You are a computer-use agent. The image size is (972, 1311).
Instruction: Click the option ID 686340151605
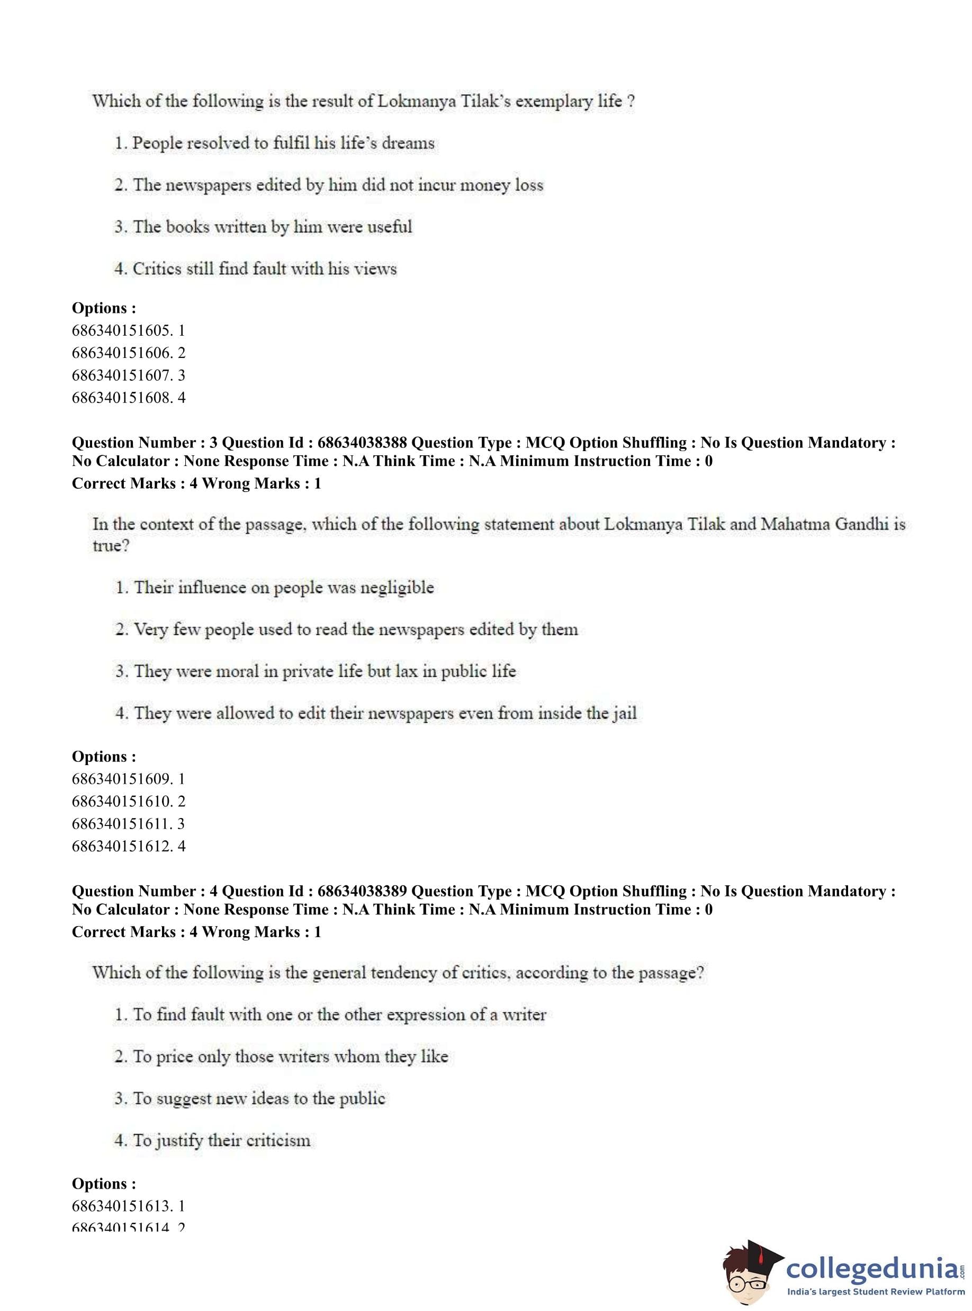(128, 331)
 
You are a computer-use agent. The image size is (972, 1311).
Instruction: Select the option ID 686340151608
(128, 398)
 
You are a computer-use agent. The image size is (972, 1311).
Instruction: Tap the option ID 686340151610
(128, 802)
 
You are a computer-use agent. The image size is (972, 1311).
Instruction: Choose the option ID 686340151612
(128, 846)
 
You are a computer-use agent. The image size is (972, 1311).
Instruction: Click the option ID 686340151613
(128, 1206)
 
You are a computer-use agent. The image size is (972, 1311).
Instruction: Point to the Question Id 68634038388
(362, 443)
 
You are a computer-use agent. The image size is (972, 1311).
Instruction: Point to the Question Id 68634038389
(362, 891)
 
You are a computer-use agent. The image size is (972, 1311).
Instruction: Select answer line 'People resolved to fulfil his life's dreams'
(274, 143)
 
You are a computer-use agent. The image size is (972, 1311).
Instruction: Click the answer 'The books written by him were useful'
(263, 227)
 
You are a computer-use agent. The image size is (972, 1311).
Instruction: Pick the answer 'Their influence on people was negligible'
(274, 587)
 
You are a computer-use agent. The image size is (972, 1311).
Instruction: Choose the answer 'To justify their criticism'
(212, 1141)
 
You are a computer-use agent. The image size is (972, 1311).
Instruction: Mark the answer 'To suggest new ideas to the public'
(249, 1099)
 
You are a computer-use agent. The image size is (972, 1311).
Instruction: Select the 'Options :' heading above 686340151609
(104, 757)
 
